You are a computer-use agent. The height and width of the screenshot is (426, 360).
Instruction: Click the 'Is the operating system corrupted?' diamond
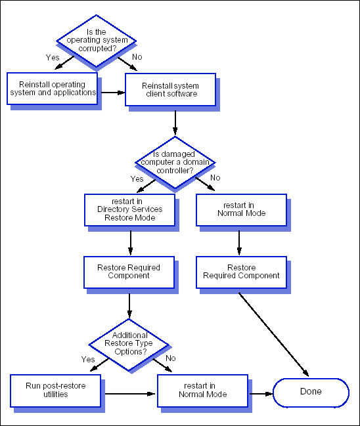(x=97, y=41)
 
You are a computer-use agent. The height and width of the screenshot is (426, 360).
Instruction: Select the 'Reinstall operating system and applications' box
(x=52, y=89)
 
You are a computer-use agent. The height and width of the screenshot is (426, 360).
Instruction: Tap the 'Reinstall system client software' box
(x=171, y=90)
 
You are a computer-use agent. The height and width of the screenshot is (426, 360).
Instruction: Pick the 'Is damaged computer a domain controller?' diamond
(x=175, y=163)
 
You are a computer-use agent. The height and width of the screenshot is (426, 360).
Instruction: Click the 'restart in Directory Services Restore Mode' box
(x=129, y=210)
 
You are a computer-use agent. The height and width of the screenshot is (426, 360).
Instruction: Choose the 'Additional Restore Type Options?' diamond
(x=129, y=345)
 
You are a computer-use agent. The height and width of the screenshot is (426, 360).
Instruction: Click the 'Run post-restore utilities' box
(x=55, y=391)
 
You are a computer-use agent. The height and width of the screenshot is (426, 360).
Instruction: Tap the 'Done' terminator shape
(x=311, y=393)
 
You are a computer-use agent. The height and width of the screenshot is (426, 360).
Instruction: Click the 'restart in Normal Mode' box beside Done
(x=202, y=391)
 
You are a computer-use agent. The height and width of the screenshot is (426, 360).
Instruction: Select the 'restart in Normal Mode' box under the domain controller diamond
(x=242, y=210)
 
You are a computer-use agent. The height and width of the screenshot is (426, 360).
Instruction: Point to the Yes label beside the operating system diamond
(x=53, y=58)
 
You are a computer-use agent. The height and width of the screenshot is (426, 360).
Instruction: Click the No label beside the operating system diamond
(x=137, y=57)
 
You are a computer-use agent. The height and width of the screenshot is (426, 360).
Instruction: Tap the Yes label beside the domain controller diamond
(x=137, y=179)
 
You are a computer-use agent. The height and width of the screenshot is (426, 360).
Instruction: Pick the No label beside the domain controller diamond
(x=215, y=178)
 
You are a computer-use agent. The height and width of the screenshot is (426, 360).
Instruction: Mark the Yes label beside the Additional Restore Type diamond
(x=88, y=360)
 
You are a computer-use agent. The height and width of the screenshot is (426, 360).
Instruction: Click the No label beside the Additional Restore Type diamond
(x=171, y=358)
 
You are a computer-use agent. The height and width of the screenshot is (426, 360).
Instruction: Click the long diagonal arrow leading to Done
(x=273, y=335)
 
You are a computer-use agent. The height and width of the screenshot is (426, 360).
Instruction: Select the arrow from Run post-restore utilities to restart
(x=130, y=394)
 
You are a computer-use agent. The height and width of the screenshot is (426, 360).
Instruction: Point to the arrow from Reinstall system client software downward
(x=175, y=123)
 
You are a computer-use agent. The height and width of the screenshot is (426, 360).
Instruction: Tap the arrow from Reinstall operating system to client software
(x=113, y=93)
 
